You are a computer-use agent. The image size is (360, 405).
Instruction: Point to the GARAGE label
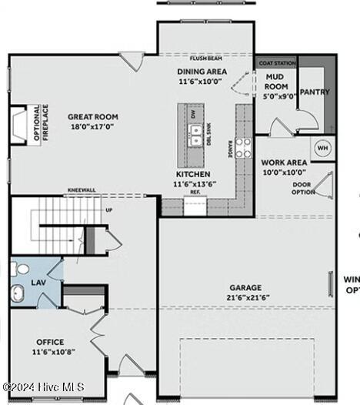click(244, 287)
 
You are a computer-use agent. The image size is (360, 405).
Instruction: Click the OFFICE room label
click(51, 342)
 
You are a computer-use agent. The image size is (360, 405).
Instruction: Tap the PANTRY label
click(315, 92)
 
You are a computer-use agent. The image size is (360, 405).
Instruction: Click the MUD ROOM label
click(277, 82)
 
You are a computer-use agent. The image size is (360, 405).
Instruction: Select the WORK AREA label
click(284, 162)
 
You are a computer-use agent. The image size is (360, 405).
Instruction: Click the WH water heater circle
click(322, 147)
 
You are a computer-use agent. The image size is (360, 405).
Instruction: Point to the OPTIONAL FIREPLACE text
click(40, 124)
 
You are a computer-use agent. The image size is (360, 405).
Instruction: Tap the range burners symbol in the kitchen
click(242, 148)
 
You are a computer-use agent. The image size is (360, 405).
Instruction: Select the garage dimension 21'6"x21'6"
click(244, 296)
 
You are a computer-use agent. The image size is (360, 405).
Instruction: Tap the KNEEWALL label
click(80, 190)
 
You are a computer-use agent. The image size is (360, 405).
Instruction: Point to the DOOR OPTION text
click(302, 188)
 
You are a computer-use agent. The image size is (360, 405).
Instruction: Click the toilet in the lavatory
click(19, 269)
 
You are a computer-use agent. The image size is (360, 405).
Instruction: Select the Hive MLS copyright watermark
click(43, 387)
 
